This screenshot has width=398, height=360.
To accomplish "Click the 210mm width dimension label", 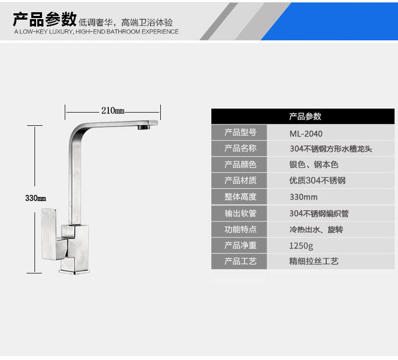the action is tap(113, 110).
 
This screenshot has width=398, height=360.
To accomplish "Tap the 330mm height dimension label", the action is tap(36, 198).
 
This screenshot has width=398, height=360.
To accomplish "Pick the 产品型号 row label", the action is tap(240, 133).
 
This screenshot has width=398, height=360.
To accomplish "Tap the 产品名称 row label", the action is tap(240, 149).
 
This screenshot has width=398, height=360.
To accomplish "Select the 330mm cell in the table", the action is tap(303, 197).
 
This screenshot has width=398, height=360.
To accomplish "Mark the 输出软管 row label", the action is tap(240, 213).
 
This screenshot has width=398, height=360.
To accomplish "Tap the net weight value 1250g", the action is tap(301, 245).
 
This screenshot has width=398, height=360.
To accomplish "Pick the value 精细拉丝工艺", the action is tap(314, 261).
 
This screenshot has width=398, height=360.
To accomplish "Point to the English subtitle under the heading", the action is tap(96, 32).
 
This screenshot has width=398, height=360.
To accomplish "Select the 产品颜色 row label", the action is tap(240, 165).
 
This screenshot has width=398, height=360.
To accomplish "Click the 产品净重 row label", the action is tap(240, 245).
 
